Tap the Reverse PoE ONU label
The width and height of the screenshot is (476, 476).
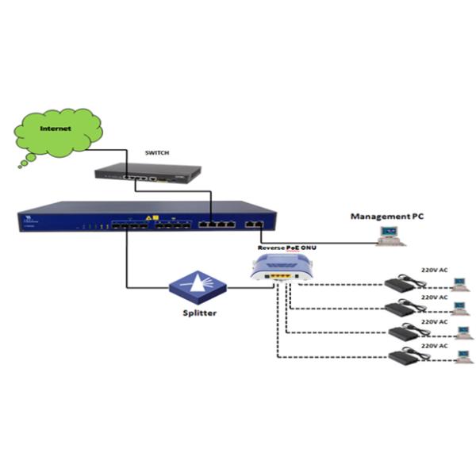[x=286, y=248]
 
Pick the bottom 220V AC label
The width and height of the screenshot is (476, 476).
[x=434, y=347]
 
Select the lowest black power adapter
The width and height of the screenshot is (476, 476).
[x=405, y=357]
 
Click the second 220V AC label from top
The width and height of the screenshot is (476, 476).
[x=434, y=297]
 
